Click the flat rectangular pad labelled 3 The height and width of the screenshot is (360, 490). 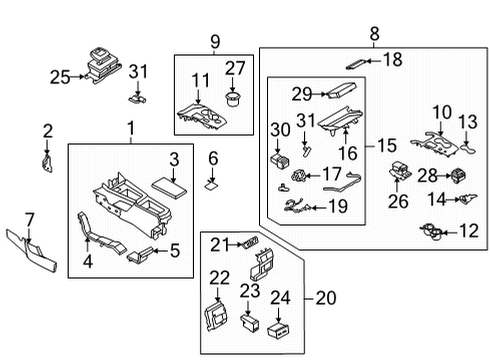tap(165, 187)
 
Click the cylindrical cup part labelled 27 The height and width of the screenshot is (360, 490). tap(235, 99)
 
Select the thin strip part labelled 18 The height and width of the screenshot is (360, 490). tap(356, 59)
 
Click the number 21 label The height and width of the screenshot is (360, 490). tap(220, 243)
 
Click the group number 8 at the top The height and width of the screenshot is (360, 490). tap(375, 34)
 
